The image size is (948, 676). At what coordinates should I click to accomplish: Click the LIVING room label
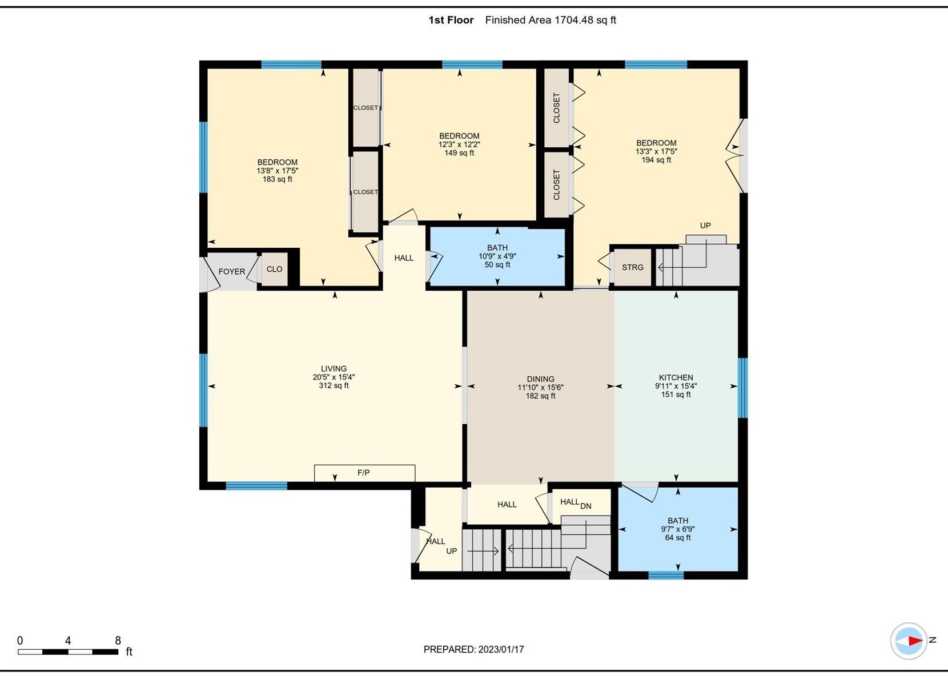point(334,368)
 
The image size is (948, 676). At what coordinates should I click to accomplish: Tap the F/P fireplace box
point(364,473)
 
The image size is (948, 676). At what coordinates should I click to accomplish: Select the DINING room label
point(540,379)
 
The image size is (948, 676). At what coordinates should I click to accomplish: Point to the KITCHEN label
point(676,377)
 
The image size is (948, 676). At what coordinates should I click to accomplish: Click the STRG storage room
point(633,267)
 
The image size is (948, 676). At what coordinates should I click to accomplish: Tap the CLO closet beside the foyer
point(275,269)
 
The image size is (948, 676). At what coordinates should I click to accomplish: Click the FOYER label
point(231,272)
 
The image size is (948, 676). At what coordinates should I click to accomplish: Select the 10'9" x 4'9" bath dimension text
point(497,256)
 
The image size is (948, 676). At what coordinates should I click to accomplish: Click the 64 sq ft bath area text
point(677,538)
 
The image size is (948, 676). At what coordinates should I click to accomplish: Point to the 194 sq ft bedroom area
point(656,160)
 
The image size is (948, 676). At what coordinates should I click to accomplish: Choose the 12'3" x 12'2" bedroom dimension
point(459,144)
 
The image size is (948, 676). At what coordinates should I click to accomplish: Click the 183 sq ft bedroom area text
point(277,179)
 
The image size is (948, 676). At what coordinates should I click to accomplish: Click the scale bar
point(68,652)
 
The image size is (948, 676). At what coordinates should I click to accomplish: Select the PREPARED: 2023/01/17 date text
point(473,649)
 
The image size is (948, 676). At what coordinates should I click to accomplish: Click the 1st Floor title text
point(451,20)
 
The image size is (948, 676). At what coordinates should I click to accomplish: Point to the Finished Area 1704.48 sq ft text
point(550,20)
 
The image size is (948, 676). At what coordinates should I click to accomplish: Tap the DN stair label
point(586,506)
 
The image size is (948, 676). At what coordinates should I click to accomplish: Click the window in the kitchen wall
point(742,388)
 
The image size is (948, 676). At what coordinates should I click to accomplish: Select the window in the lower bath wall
point(666,576)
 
